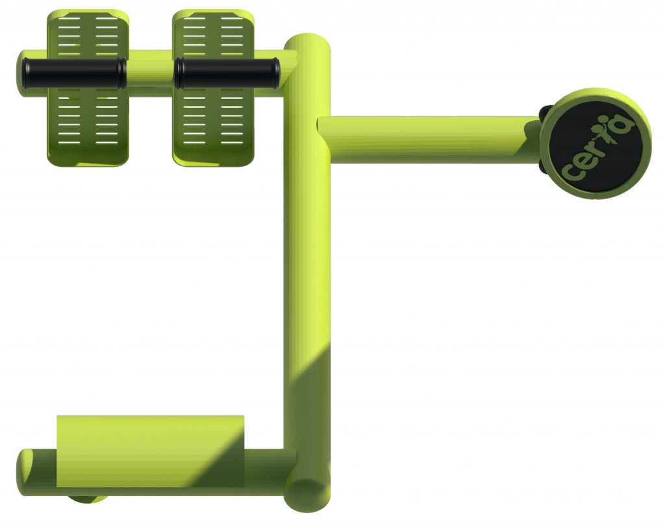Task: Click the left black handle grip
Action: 73,73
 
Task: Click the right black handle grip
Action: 227,73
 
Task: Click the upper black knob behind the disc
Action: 546,112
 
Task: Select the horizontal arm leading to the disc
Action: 429,139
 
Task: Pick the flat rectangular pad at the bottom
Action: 150,451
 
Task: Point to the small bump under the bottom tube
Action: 87,499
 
